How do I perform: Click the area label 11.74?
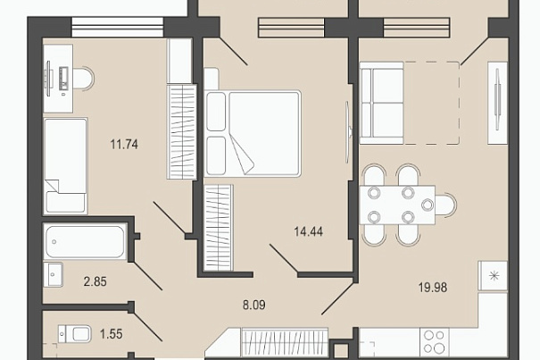(x=124, y=144)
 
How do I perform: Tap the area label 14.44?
(x=309, y=231)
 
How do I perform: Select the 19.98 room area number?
(x=433, y=287)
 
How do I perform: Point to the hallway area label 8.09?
(x=254, y=305)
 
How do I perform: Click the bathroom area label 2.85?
(x=95, y=281)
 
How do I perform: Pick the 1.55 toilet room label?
(x=111, y=334)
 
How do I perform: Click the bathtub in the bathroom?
(x=85, y=242)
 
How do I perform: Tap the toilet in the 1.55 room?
(x=74, y=334)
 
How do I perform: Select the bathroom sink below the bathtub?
(x=53, y=274)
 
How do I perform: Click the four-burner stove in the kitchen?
(x=435, y=342)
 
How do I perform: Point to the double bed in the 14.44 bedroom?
(x=253, y=133)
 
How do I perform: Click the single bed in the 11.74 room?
(x=65, y=166)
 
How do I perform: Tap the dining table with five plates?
(x=397, y=205)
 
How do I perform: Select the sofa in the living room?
(x=381, y=103)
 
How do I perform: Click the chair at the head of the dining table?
(x=446, y=205)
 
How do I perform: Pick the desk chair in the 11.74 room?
(x=84, y=79)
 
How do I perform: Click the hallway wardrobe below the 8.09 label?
(x=285, y=342)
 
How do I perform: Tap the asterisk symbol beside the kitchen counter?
(x=494, y=275)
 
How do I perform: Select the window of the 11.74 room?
(x=117, y=27)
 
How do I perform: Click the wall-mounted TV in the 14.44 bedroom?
(x=348, y=132)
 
